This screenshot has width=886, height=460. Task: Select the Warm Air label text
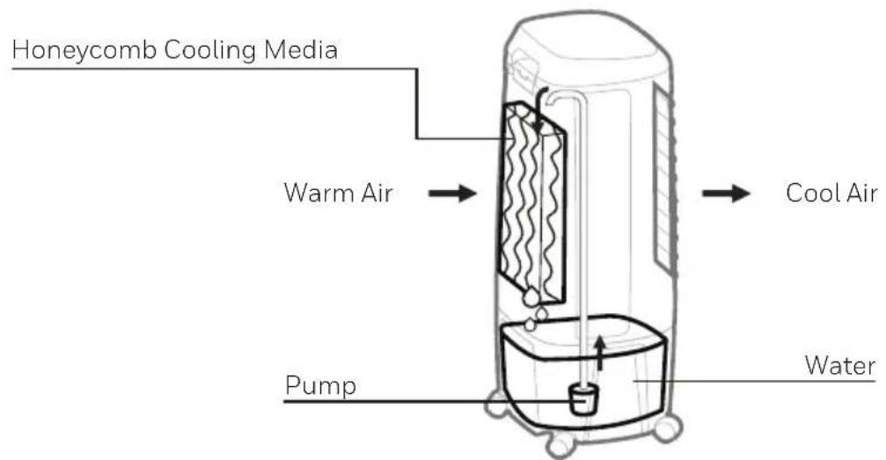pyautogui.click(x=338, y=193)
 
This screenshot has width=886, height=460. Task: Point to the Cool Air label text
pyautogui.click(x=831, y=193)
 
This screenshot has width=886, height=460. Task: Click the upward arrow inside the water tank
pyautogui.click(x=600, y=354)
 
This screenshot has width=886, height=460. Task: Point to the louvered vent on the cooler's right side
pyautogui.click(x=666, y=180)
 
